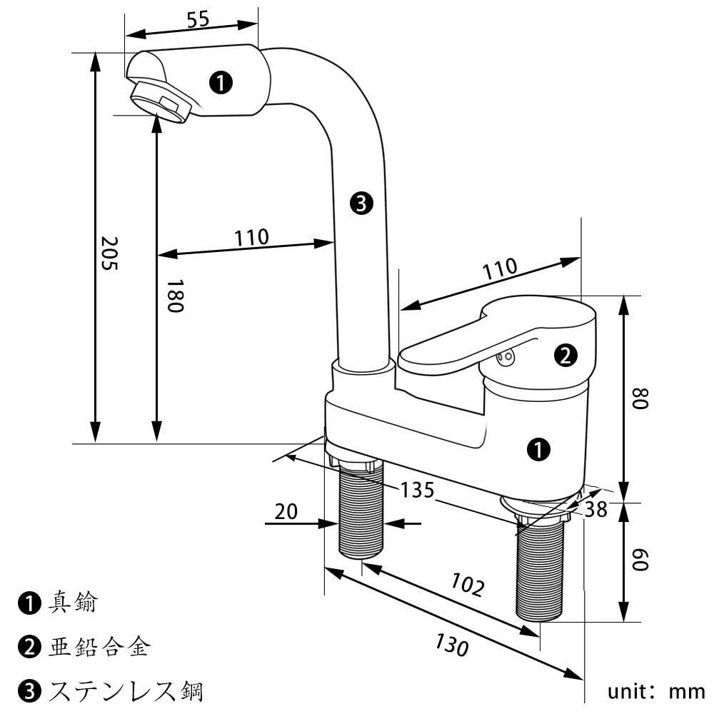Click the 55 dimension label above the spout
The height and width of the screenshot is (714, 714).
click(198, 19)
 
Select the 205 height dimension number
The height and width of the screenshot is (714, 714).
click(109, 253)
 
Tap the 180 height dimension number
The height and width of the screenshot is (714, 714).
click(175, 296)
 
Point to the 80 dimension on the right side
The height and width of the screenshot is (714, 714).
click(639, 398)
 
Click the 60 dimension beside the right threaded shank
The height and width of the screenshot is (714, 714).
click(639, 560)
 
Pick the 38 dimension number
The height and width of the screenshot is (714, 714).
click(595, 509)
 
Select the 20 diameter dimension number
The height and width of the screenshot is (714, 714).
click(286, 511)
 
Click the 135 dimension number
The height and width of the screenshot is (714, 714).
click(417, 491)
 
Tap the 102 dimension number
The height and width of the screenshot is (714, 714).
click(468, 585)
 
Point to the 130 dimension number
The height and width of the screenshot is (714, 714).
click(452, 645)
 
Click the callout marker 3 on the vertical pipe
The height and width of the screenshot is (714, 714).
click(361, 203)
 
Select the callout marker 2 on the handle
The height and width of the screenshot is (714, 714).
click(565, 356)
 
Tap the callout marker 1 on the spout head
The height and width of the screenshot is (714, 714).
click(221, 84)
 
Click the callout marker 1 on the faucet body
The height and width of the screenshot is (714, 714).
click(538, 449)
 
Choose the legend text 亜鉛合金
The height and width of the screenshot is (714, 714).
click(99, 647)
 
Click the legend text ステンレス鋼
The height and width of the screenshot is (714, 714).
click(126, 691)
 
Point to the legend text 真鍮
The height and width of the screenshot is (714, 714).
click(73, 603)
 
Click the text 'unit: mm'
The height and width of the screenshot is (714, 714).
click(657, 691)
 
